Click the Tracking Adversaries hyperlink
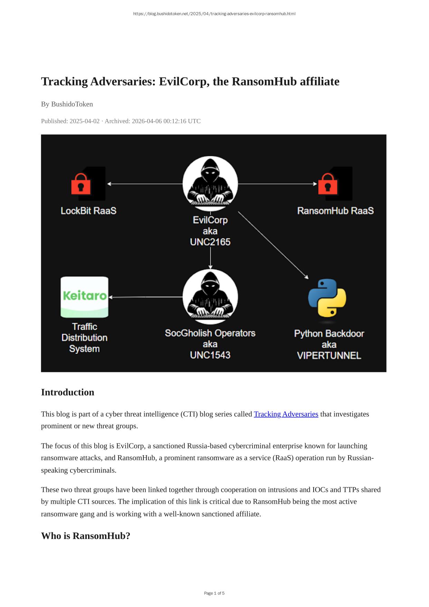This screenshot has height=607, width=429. pyautogui.click(x=286, y=414)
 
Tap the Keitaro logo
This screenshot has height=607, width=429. pyautogui.click(x=84, y=297)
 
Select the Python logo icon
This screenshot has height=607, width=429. pyautogui.click(x=327, y=298)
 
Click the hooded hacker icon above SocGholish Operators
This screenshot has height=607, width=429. pyautogui.click(x=210, y=295)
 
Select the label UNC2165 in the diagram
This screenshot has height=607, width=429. pyautogui.click(x=210, y=242)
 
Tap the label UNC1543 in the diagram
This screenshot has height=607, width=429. pyautogui.click(x=210, y=355)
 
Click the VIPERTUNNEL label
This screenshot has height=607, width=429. pyautogui.click(x=329, y=355)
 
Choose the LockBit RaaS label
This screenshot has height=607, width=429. pyautogui.click(x=88, y=211)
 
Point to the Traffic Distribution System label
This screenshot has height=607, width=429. pyautogui.click(x=84, y=337)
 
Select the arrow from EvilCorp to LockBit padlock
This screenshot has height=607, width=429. pyautogui.click(x=145, y=184)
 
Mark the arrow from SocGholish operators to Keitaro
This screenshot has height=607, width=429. pyautogui.click(x=145, y=297)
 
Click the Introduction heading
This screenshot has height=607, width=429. pyautogui.click(x=68, y=392)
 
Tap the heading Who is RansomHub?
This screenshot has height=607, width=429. pyautogui.click(x=86, y=536)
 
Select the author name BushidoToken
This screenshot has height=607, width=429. pyautogui.click(x=72, y=104)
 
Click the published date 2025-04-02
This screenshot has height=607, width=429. pyautogui.click(x=84, y=121)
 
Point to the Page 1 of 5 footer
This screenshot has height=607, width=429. pyautogui.click(x=214, y=593)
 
